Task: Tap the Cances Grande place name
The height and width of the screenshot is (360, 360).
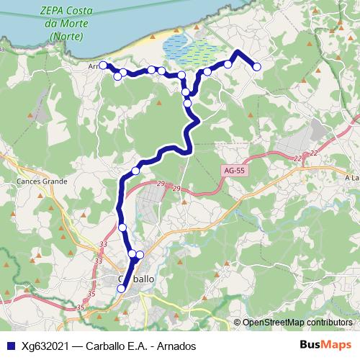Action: (41, 181)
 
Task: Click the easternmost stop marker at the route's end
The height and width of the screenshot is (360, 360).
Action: (256, 67)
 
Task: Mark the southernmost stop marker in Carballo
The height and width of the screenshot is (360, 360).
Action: (121, 289)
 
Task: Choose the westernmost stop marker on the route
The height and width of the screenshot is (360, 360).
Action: (102, 66)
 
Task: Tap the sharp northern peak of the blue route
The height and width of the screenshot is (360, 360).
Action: (238, 52)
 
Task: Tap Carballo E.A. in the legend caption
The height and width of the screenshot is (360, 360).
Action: (115, 346)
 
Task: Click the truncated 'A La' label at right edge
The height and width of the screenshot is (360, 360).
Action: (351, 178)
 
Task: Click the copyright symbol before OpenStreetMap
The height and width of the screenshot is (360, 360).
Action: (238, 322)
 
